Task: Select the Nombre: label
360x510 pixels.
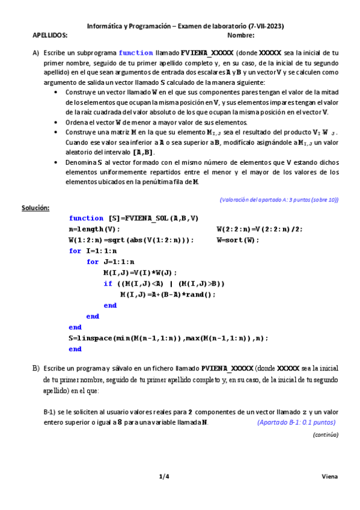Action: pyautogui.click(x=242, y=35)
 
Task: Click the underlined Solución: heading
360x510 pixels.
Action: pyautogui.click(x=35, y=208)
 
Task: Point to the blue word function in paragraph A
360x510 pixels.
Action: pyautogui.click(x=136, y=53)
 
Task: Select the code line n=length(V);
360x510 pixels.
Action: pyautogui.click(x=94, y=229)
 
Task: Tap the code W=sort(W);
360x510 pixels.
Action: pyautogui.click(x=237, y=240)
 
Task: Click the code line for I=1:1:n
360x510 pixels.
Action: pyautogui.click(x=93, y=251)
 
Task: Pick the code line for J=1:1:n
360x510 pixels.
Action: pyautogui.click(x=111, y=262)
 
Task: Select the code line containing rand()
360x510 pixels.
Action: pyautogui.click(x=168, y=294)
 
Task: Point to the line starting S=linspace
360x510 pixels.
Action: pyautogui.click(x=168, y=338)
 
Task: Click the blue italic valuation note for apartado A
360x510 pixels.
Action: pyautogui.click(x=279, y=200)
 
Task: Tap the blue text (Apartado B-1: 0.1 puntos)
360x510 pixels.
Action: pyautogui.click(x=296, y=422)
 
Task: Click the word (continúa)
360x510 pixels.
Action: pyautogui.click(x=325, y=434)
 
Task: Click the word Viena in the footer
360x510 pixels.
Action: pyautogui.click(x=329, y=477)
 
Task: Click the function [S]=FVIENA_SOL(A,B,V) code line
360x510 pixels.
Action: pyautogui.click(x=133, y=218)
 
